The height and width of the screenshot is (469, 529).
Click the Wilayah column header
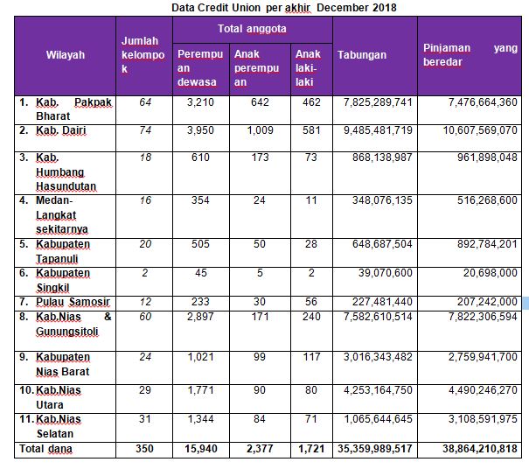(66, 55)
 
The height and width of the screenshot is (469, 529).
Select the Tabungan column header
(362, 55)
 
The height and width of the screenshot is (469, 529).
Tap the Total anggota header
(252, 29)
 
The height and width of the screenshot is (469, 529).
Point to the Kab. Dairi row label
(61, 130)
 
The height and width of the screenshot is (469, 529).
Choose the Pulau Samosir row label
(73, 302)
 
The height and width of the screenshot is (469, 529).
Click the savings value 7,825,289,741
(378, 102)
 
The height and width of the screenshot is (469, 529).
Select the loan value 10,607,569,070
(480, 130)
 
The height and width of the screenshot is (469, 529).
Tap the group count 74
(145, 130)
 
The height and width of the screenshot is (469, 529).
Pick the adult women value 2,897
(200, 317)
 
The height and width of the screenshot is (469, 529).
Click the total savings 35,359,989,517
(375, 449)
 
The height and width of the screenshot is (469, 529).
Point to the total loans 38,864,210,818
(480, 449)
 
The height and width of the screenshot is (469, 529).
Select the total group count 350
(144, 449)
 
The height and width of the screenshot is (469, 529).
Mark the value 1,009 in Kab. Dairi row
(260, 130)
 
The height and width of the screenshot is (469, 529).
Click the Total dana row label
(45, 449)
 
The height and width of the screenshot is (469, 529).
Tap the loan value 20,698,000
(490, 273)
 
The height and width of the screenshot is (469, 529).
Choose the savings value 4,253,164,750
(378, 390)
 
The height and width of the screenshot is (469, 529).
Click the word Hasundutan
(66, 186)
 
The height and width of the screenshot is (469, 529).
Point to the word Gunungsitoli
(67, 332)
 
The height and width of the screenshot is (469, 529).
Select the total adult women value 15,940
(201, 449)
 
